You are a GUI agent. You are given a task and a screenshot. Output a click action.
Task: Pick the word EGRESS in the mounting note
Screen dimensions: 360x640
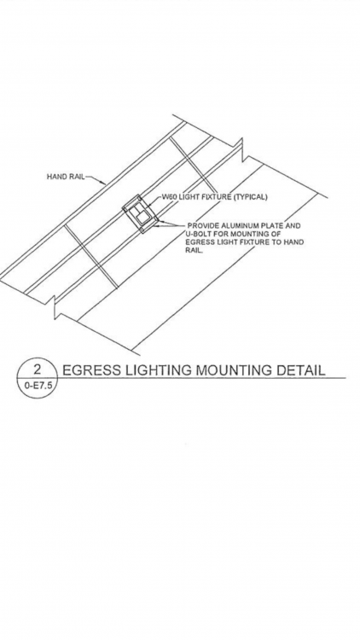(199, 242)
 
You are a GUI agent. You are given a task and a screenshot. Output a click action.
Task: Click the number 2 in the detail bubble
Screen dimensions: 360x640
(38, 369)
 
